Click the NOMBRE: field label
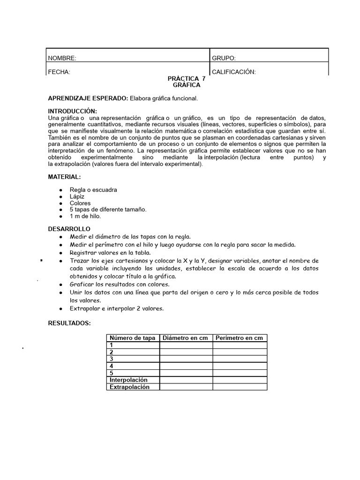[x=62, y=58]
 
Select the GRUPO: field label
[x=224, y=58]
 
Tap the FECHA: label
[x=59, y=72]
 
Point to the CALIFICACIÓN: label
[x=234, y=72]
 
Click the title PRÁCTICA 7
[x=187, y=79]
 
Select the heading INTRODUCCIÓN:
[x=72, y=111]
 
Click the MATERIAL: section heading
[x=64, y=177]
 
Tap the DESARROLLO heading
[x=69, y=229]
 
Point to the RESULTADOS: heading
[x=69, y=323]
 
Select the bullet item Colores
[x=80, y=203]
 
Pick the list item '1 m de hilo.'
[x=85, y=216]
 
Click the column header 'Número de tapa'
[x=133, y=338]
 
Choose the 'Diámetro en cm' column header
[x=186, y=338]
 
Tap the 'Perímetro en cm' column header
[x=240, y=338]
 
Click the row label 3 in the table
[x=112, y=359]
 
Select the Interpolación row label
[x=128, y=380]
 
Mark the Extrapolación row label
[x=129, y=387]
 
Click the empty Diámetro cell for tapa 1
[x=186, y=345]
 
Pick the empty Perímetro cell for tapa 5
[x=240, y=373]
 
